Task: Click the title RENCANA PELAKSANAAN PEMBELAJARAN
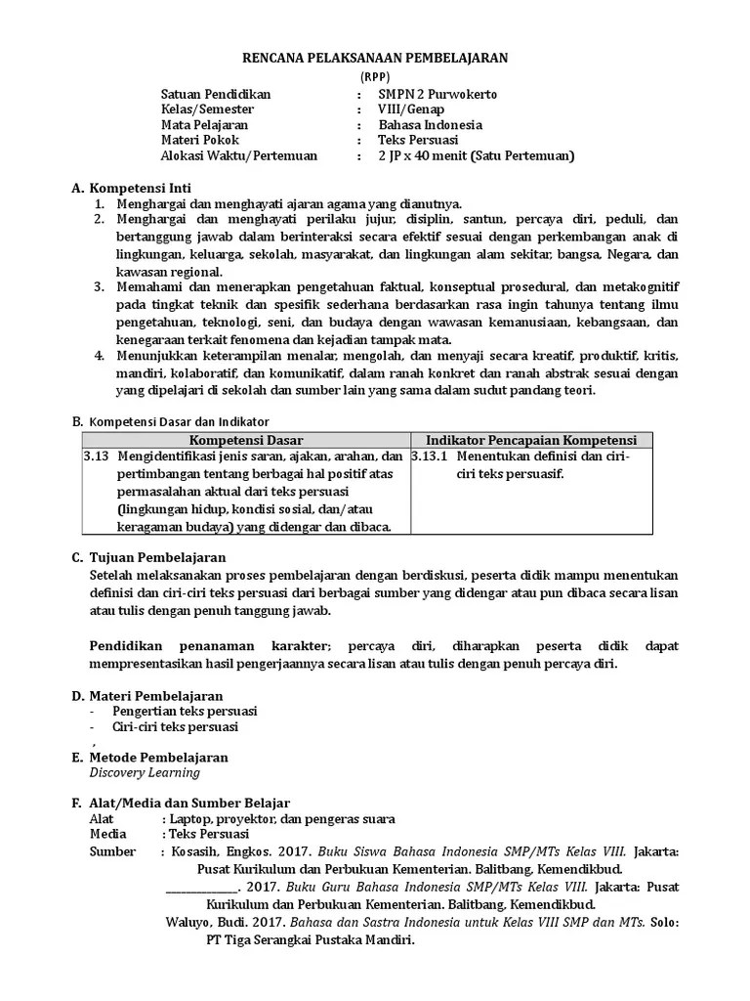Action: [x=375, y=59]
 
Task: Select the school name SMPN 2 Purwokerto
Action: [x=437, y=94]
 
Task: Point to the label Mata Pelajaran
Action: [x=204, y=125]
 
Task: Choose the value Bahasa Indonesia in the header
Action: [x=431, y=125]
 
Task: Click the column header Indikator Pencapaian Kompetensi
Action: [x=531, y=441]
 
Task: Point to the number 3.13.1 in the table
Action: [x=430, y=457]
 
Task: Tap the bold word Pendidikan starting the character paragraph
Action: [x=126, y=647]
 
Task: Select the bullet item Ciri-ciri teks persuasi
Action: [x=175, y=727]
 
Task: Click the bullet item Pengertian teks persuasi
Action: [x=185, y=711]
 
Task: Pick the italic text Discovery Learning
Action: [x=145, y=772]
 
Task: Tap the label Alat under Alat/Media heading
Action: [x=101, y=819]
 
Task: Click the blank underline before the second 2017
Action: [x=200, y=888]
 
